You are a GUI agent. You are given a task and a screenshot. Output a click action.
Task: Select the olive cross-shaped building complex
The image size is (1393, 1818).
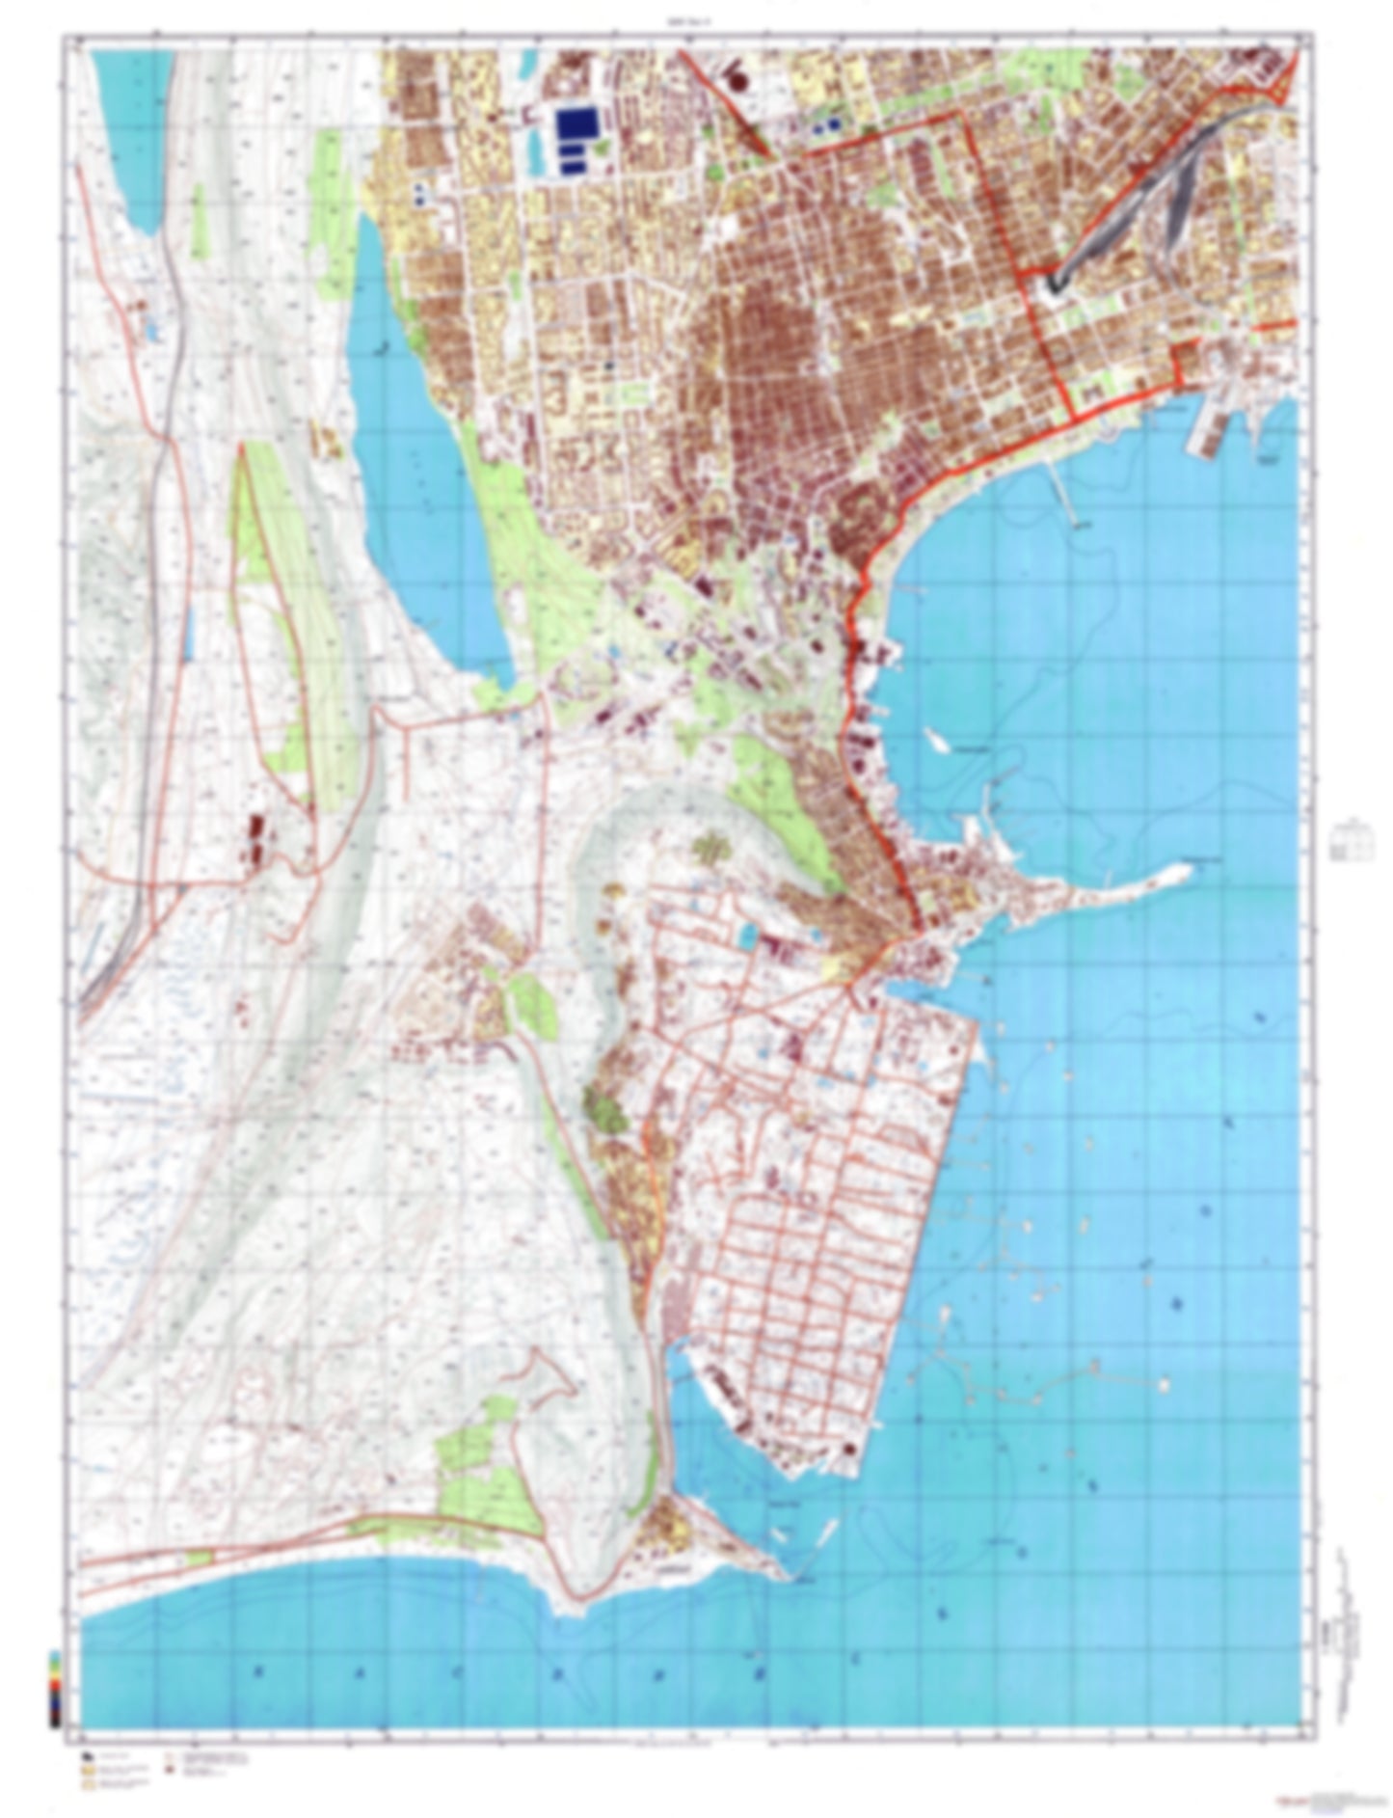pos(710,849)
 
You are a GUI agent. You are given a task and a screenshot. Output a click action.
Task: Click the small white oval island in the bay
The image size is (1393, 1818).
pos(934,739)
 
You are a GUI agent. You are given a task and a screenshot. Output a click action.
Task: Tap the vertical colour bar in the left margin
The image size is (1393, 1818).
pos(55,1688)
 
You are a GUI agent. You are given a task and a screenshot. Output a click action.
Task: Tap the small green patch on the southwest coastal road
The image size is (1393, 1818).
pos(198,1555)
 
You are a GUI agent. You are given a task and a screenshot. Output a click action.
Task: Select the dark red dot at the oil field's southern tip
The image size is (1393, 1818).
pos(849,1450)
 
